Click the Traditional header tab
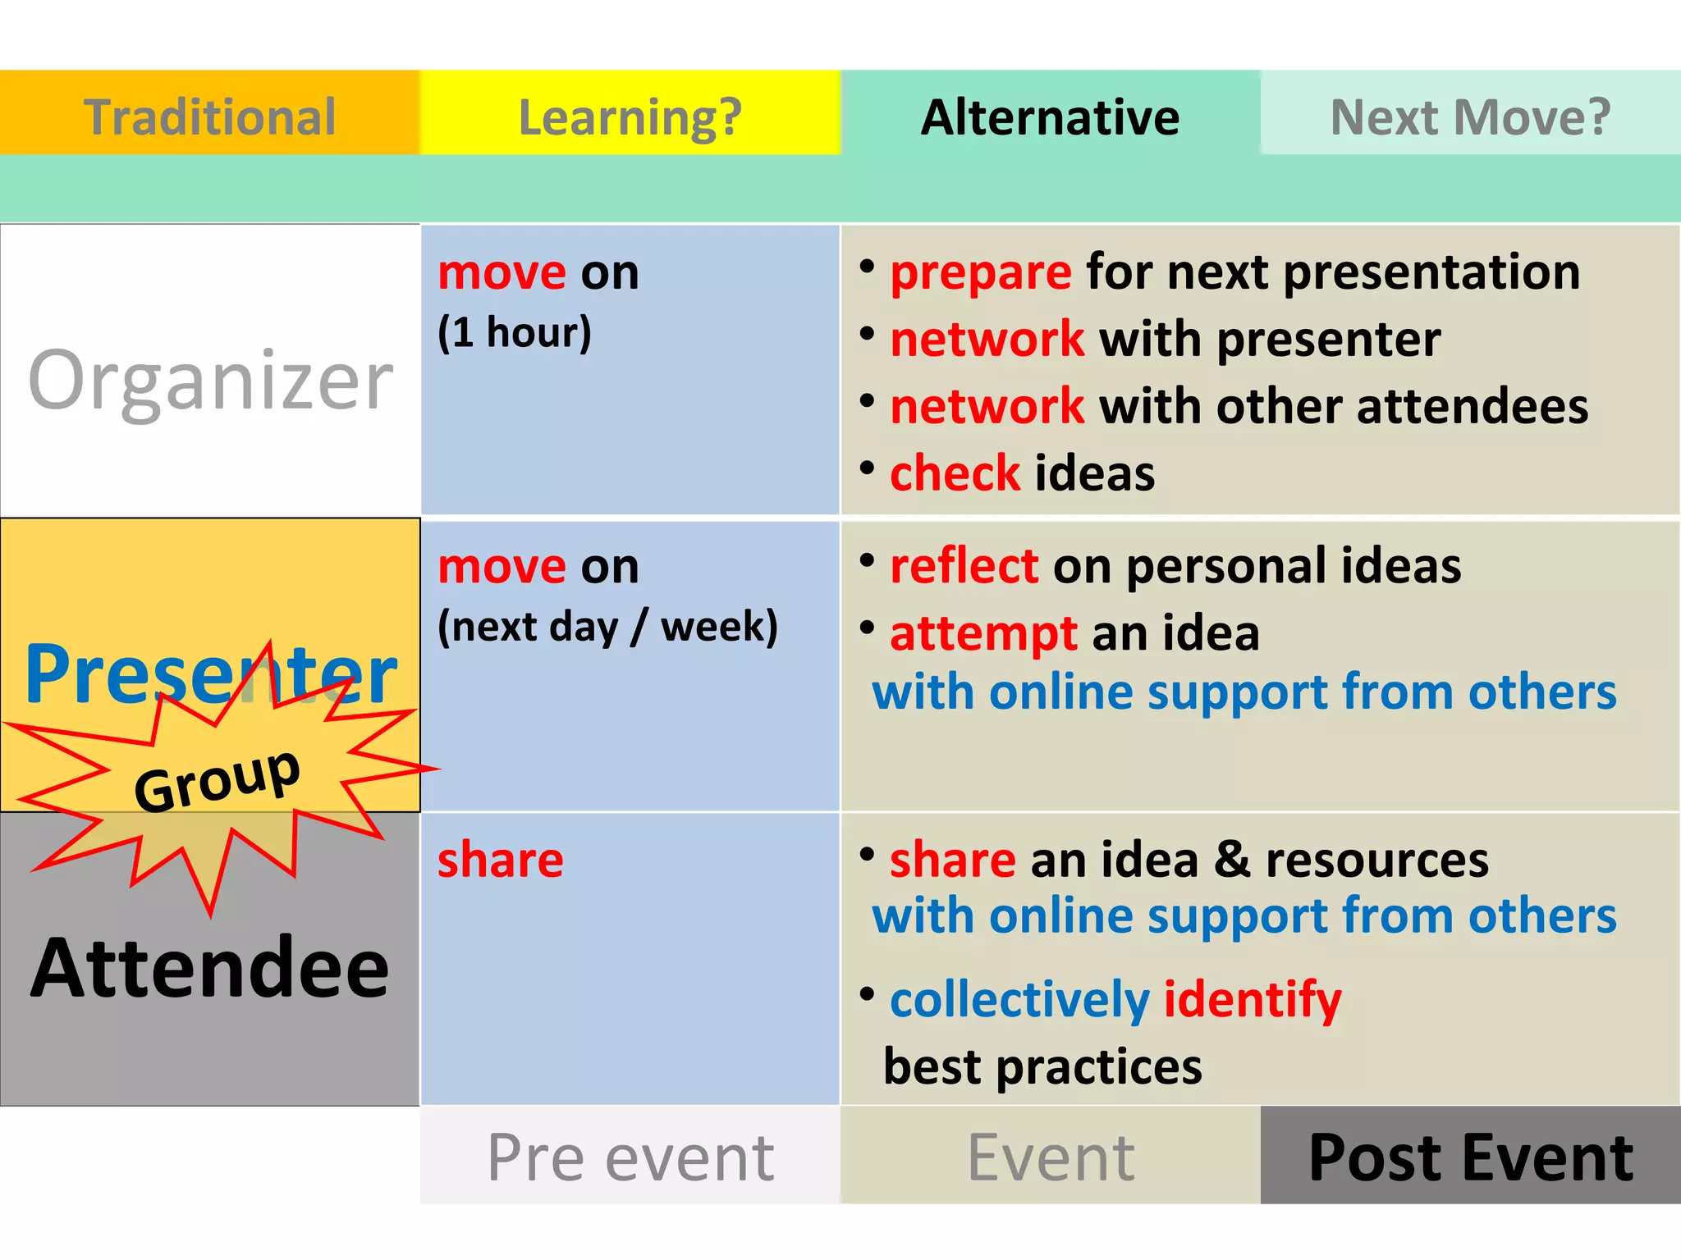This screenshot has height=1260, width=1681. pyautogui.click(x=209, y=116)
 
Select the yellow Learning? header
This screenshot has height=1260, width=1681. pyautogui.click(x=630, y=116)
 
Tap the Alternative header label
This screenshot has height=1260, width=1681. pyautogui.click(x=1050, y=116)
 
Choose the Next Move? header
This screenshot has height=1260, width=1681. pyautogui.click(x=1470, y=116)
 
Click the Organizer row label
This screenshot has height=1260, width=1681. pyautogui.click(x=210, y=381)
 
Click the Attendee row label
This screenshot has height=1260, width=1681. pyautogui.click(x=210, y=968)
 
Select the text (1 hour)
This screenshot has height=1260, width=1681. pyautogui.click(x=515, y=332)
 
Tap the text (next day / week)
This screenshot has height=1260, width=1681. pyautogui.click(x=607, y=627)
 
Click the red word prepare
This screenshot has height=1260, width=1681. pyautogui.click(x=980, y=272)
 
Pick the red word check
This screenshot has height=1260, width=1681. pyautogui.click(x=955, y=474)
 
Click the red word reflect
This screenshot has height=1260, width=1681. pyautogui.click(x=964, y=566)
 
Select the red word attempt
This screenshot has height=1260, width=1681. pyautogui.click(x=982, y=634)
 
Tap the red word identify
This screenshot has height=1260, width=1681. pyautogui.click(x=1252, y=1000)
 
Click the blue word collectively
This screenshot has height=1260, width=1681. pyautogui.click(x=1019, y=1000)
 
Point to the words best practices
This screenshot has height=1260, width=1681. pyautogui.click(x=1042, y=1067)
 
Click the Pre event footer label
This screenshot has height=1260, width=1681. pyautogui.click(x=630, y=1157)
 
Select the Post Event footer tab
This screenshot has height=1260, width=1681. pyautogui.click(x=1470, y=1157)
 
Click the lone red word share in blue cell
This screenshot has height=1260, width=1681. pyautogui.click(x=500, y=861)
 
